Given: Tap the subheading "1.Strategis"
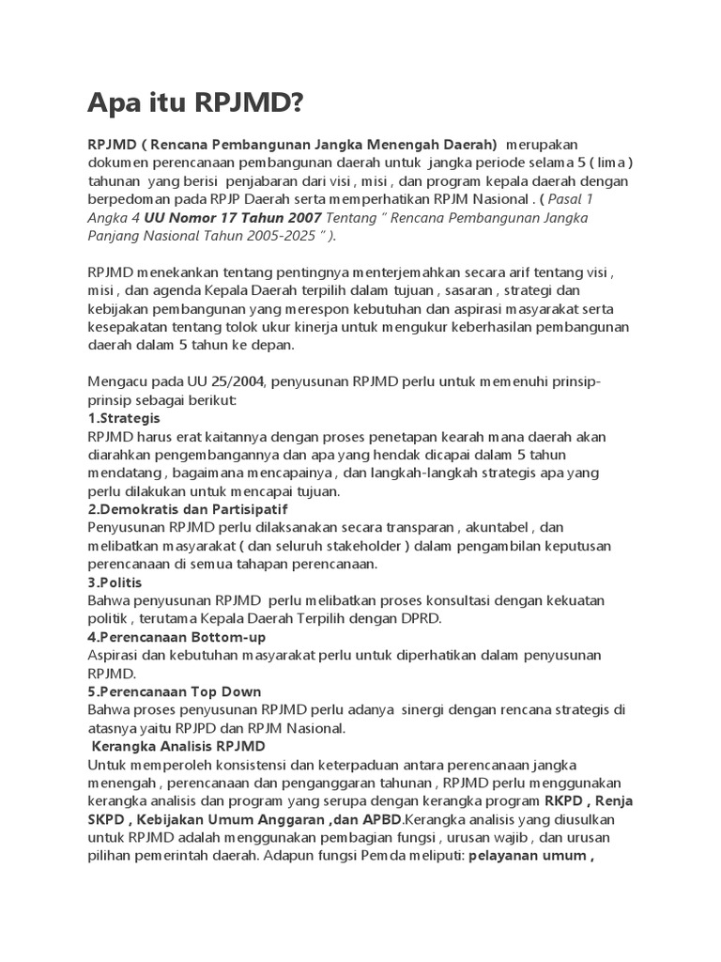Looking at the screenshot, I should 123,418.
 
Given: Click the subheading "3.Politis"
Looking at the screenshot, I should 115,582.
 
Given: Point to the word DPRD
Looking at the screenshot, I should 415,618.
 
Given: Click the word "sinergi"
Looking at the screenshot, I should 426,709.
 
